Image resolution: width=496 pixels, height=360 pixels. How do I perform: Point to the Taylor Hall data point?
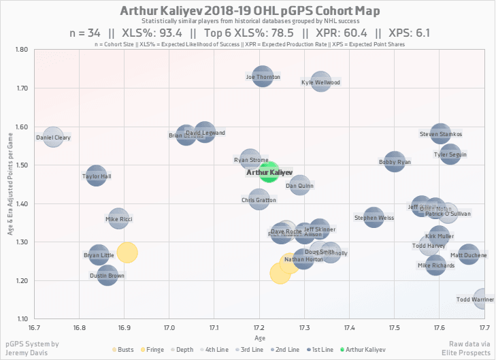97,175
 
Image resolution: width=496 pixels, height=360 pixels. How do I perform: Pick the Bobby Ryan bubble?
395,161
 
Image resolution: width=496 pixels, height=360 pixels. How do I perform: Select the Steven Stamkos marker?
440,133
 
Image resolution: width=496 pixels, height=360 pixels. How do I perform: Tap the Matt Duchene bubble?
468,255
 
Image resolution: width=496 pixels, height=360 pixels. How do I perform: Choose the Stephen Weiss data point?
373,217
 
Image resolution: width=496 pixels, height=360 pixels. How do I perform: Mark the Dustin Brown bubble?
107,275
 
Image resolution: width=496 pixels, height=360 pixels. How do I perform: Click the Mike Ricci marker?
118,218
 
